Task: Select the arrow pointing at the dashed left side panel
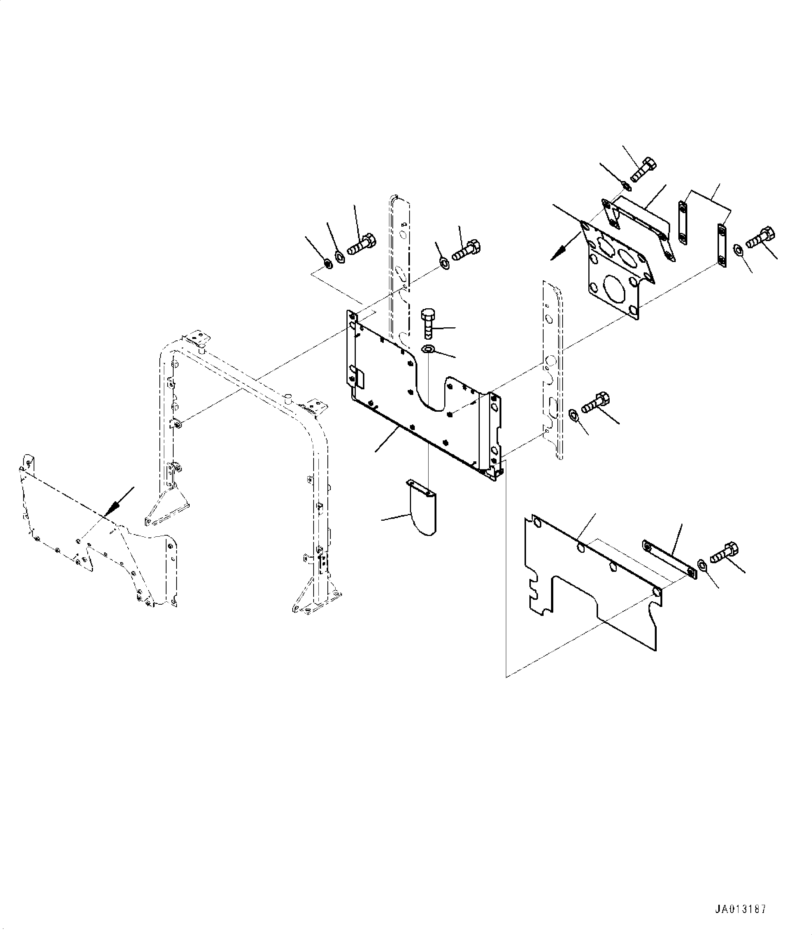[x=119, y=502]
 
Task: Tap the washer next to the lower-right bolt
[x=703, y=565]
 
